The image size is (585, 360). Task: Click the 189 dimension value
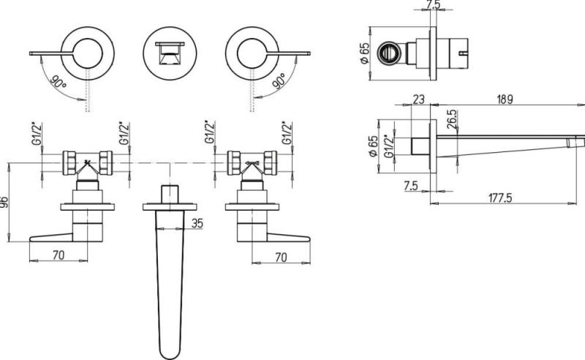505,100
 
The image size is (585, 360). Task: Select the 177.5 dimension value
500,198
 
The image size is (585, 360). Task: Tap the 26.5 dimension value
453,119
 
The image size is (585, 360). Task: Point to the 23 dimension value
418,100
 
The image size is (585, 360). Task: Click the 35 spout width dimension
197,223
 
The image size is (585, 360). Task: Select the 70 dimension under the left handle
58,255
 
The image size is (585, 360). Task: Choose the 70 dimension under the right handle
281,258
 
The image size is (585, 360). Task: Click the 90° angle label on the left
58,83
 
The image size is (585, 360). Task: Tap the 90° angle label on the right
279,81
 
